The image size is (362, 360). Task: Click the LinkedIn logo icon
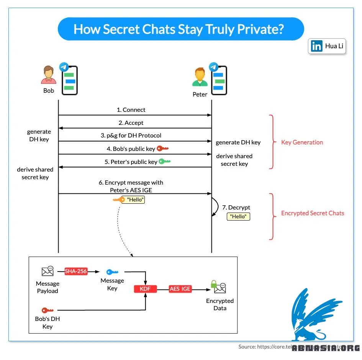(x=317, y=46)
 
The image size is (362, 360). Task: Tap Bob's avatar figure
(x=48, y=75)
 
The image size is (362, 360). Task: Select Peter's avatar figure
(x=200, y=78)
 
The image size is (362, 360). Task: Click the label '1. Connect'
(x=131, y=110)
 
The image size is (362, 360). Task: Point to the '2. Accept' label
(x=131, y=123)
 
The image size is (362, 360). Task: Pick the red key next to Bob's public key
(x=163, y=149)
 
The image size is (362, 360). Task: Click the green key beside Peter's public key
(x=165, y=162)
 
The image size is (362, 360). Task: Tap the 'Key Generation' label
(x=302, y=142)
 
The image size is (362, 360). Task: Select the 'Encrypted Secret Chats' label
(x=313, y=213)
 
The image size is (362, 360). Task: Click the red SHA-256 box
(x=76, y=271)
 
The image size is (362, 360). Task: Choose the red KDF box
(x=145, y=289)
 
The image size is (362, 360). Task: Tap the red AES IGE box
(x=180, y=289)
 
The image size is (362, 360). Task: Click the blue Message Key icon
(x=112, y=272)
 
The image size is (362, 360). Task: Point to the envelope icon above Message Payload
(x=48, y=271)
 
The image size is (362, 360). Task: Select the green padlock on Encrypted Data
(x=213, y=284)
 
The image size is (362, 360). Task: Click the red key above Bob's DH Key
(x=48, y=310)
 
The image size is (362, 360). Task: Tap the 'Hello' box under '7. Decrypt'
(x=238, y=216)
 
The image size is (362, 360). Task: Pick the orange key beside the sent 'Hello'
(x=118, y=200)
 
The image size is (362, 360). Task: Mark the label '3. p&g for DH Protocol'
(x=131, y=136)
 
